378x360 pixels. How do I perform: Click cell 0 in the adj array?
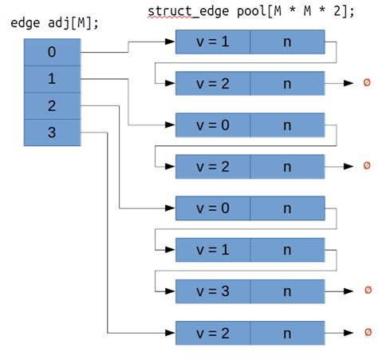tap(52, 53)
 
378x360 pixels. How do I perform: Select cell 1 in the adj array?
tap(52, 79)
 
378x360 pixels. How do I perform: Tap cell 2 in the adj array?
tap(52, 106)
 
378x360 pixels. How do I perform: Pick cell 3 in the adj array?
tap(52, 133)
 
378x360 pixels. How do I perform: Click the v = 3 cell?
tap(213, 291)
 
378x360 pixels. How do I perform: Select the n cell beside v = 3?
tap(287, 291)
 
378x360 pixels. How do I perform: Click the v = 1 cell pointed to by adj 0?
tap(213, 42)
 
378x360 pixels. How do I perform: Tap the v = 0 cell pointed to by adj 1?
tap(213, 125)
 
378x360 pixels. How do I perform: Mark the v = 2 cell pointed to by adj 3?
tap(213, 332)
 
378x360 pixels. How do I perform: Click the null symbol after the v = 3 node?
tap(367, 291)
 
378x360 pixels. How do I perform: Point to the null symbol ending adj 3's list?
tap(367, 332)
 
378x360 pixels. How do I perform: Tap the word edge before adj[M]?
tap(26, 22)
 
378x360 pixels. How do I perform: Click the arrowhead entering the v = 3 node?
tap(171, 291)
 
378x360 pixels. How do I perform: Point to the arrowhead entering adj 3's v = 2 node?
tap(171, 332)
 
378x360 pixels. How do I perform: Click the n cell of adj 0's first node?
tap(287, 42)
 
